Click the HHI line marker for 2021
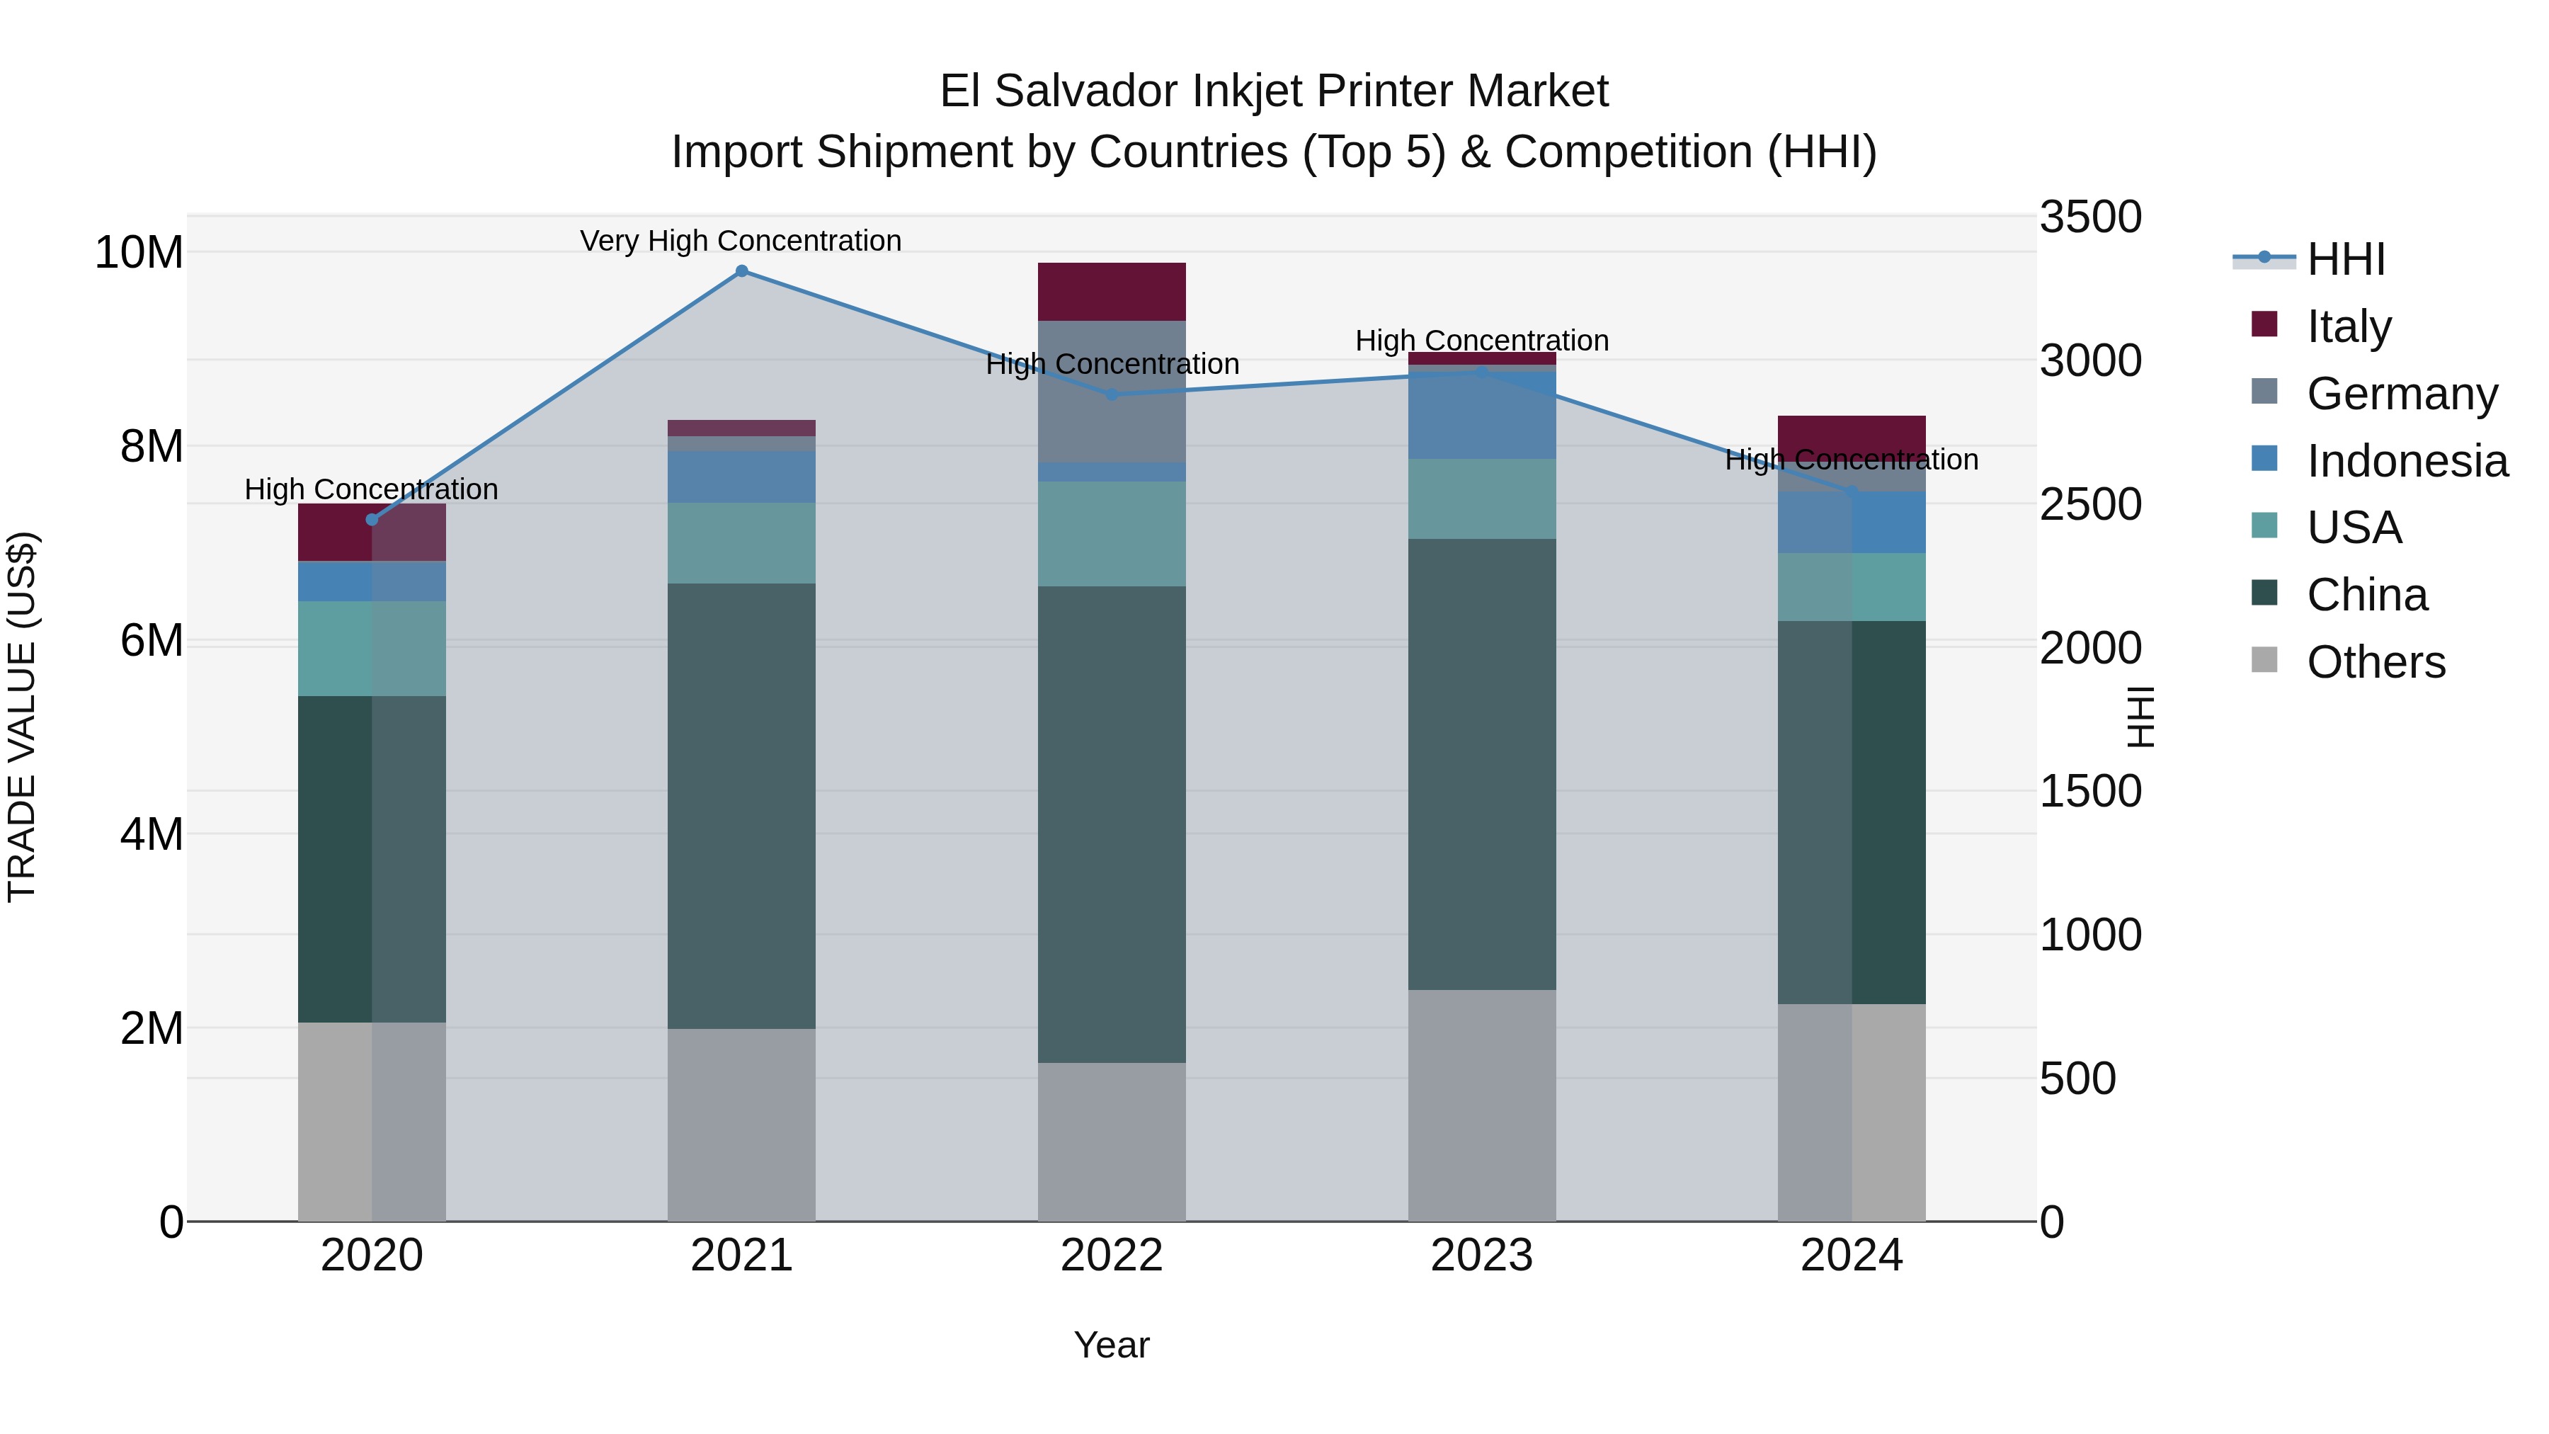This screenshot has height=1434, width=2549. pos(741,271)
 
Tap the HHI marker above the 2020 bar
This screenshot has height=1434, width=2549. pos(372,520)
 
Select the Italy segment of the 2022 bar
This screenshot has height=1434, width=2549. pos(1111,292)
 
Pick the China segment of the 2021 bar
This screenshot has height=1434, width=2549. pos(741,806)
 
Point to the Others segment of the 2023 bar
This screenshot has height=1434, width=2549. pos(1481,1105)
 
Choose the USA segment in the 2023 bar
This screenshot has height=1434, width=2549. pos(1481,499)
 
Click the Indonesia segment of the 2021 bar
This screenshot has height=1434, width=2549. pos(741,477)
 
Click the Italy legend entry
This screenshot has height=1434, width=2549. pos(2348,326)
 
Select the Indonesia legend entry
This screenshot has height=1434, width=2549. pos(2407,461)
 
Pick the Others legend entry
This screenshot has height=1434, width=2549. pos(2375,662)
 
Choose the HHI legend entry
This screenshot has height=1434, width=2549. pos(2345,259)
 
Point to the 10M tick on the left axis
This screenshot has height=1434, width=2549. pos(139,252)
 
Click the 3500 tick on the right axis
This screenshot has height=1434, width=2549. pos(2090,217)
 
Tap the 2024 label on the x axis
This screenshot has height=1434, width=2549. pos(1852,1256)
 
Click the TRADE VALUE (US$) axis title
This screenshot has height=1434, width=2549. pos(22,717)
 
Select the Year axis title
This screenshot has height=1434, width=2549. pos(1111,1345)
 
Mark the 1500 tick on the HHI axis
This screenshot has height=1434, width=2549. pos(2090,791)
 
